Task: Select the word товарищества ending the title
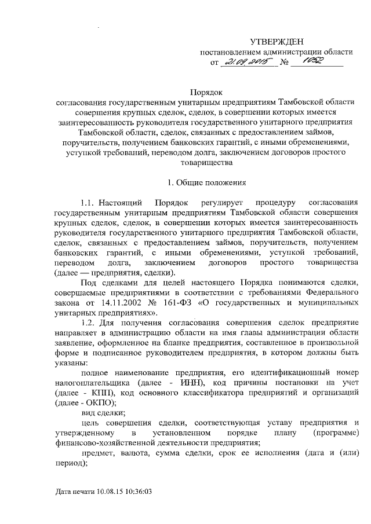[x=207, y=163]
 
